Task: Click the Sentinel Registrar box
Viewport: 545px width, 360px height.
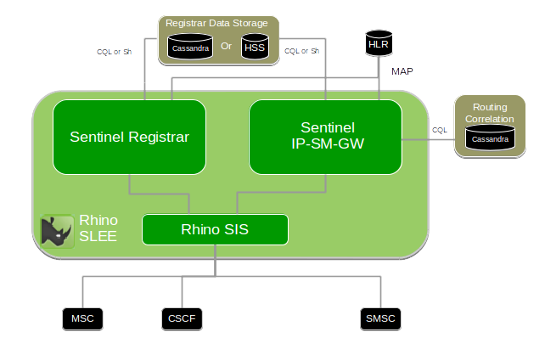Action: point(129,137)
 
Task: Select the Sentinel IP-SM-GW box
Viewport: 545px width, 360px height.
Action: point(324,136)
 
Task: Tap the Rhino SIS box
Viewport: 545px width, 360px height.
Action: point(214,229)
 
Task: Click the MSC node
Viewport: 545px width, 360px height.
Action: point(82,319)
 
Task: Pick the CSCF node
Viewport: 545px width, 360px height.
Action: point(183,319)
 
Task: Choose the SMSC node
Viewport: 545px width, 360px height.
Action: point(379,319)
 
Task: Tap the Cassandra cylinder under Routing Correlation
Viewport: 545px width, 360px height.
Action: point(491,138)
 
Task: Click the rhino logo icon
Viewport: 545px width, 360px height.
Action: point(58,230)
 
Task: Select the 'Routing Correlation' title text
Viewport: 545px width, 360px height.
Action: point(489,114)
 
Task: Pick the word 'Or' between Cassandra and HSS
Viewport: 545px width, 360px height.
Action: point(226,46)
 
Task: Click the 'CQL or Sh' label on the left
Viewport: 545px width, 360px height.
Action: point(115,51)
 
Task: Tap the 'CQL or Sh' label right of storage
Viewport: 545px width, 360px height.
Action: point(302,51)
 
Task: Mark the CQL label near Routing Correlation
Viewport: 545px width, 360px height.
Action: point(439,130)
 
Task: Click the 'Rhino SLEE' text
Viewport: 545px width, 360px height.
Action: point(98,228)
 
